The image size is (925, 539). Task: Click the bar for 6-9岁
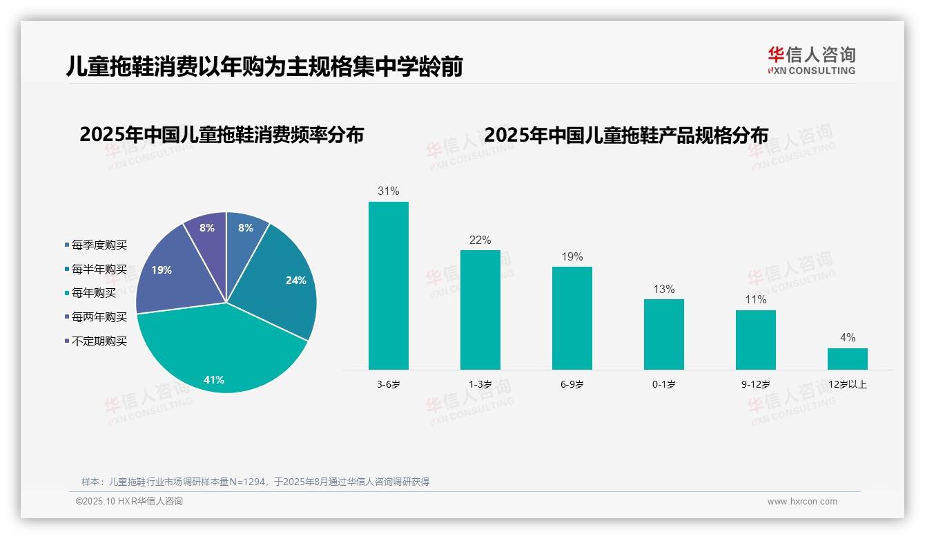(x=572, y=318)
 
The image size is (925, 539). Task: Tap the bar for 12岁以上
(x=848, y=359)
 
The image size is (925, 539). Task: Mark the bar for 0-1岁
(x=664, y=334)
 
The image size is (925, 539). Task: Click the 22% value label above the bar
(x=480, y=240)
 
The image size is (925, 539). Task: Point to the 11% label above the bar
(x=756, y=299)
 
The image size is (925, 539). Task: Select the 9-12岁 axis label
(x=756, y=384)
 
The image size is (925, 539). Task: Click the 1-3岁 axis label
(x=480, y=384)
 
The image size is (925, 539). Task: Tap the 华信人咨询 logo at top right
(x=811, y=60)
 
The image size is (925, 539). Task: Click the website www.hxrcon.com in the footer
(x=802, y=502)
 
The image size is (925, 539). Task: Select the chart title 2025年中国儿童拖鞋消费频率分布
(x=222, y=135)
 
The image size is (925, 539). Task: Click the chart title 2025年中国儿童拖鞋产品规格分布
(x=626, y=135)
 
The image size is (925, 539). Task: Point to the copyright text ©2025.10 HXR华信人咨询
(x=129, y=502)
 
